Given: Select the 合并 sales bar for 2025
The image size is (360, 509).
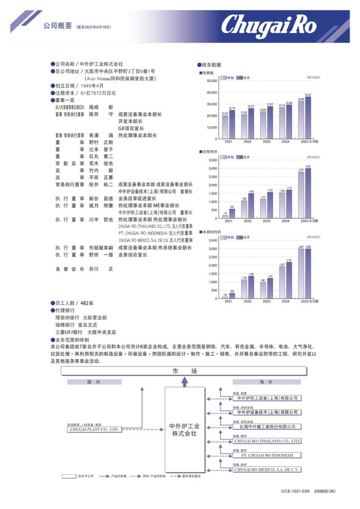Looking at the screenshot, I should click(308, 117).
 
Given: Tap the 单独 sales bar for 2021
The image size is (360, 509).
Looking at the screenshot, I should click(225, 127).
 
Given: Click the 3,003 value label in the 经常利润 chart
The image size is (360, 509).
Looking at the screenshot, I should click(308, 167).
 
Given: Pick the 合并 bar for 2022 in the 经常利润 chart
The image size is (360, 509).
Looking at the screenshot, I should click(251, 205).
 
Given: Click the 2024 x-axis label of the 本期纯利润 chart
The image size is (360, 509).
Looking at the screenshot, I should click(285, 302).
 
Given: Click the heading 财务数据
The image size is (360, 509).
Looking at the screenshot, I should click(211, 65).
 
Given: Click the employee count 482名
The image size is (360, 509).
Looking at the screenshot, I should click(87, 303).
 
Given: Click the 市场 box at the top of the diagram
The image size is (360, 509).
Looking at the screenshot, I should click(184, 371).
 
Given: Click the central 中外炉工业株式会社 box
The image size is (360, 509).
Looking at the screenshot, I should click(184, 429).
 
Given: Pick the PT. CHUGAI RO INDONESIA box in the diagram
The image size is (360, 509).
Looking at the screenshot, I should click(267, 455).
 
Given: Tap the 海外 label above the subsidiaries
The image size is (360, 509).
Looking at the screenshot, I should click(267, 382).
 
